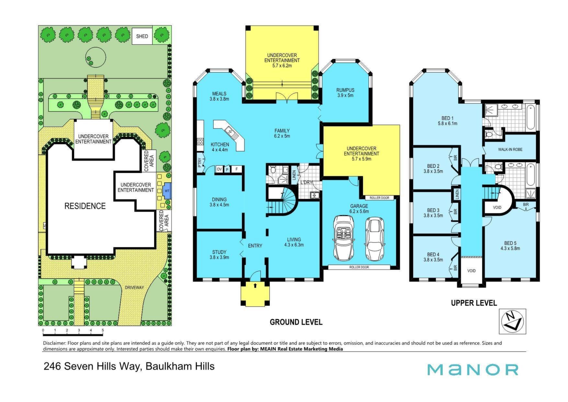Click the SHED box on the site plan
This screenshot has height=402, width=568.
pos(142,36)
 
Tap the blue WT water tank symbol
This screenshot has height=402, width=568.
pos(167,191)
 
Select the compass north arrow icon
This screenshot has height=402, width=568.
pos(512,321)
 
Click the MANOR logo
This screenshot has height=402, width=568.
pos(473,370)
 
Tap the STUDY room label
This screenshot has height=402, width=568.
pos(219,252)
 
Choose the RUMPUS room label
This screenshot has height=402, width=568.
pos(345,90)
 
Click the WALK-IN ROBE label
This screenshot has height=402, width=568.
pos(510,149)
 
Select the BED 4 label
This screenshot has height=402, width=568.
pos(433,255)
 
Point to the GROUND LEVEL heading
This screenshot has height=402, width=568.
pos(296,322)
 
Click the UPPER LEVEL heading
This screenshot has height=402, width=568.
pos(474,303)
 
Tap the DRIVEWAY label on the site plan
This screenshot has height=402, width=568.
pos(134,287)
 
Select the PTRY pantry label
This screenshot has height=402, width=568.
pos(200,162)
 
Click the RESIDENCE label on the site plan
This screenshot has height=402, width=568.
pos(85,206)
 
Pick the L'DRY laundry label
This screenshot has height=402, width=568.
pos(306,182)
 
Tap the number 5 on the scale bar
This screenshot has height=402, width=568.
pos(103,330)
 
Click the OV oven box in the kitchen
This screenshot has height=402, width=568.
pos(219,169)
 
